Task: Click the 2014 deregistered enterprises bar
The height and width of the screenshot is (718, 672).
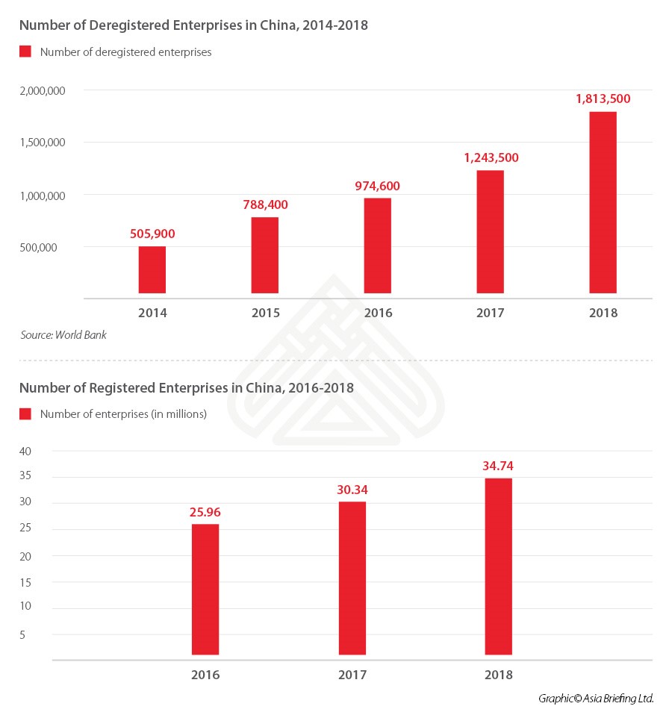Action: click(x=152, y=269)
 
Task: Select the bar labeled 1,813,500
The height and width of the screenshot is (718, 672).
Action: click(x=603, y=202)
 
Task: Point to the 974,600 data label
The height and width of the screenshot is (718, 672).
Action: click(x=377, y=185)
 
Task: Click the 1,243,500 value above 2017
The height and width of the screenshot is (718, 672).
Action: click(x=490, y=157)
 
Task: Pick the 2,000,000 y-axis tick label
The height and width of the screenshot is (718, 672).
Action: click(x=42, y=90)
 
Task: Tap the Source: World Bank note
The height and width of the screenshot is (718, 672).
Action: click(x=63, y=335)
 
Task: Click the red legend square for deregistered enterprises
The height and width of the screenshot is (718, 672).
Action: click(x=25, y=51)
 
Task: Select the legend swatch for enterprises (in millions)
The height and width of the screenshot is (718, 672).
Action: click(x=25, y=413)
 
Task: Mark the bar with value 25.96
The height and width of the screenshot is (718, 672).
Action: click(x=205, y=589)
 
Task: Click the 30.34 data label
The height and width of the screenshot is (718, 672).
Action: click(x=352, y=490)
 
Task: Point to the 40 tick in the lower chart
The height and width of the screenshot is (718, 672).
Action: click(x=25, y=451)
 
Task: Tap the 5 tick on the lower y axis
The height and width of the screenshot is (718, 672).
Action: click(x=23, y=634)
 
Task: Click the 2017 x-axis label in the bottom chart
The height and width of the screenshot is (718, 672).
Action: click(x=352, y=675)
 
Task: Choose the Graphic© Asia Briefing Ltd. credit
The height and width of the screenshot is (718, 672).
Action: click(x=596, y=699)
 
